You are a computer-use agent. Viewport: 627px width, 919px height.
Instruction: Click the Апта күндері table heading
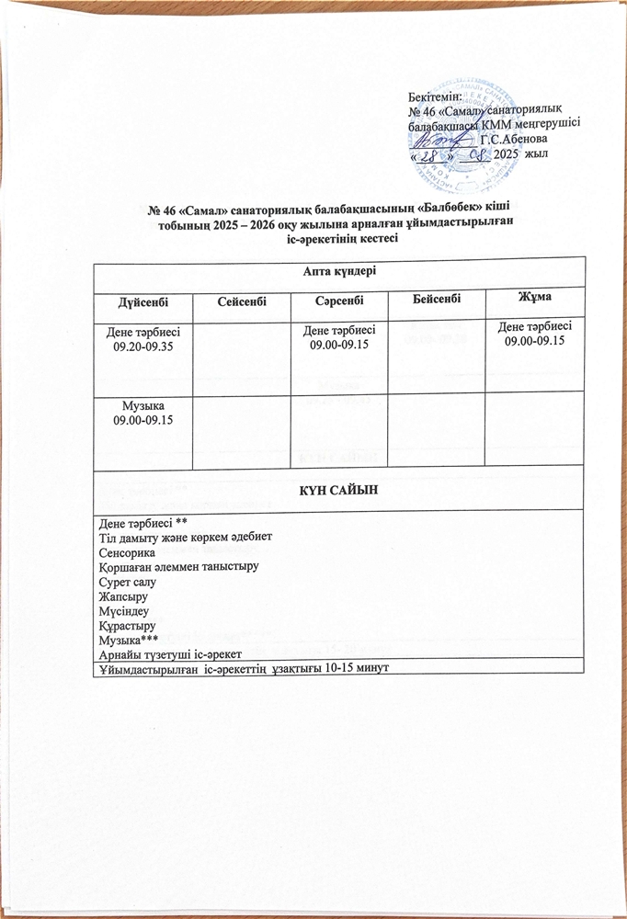point(339,270)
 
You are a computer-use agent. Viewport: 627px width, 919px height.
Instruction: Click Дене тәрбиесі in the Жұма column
point(534,328)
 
